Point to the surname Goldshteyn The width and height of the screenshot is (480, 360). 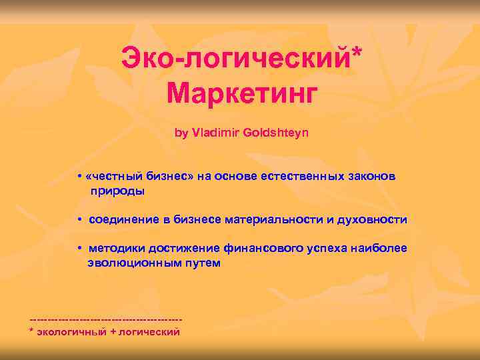click(276, 133)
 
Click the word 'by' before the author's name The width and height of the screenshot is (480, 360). click(181, 133)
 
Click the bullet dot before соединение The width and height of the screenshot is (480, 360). click(79, 220)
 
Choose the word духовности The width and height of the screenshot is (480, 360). click(376, 220)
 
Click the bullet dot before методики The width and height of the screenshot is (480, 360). click(79, 249)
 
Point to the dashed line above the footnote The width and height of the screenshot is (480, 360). click(107, 320)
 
